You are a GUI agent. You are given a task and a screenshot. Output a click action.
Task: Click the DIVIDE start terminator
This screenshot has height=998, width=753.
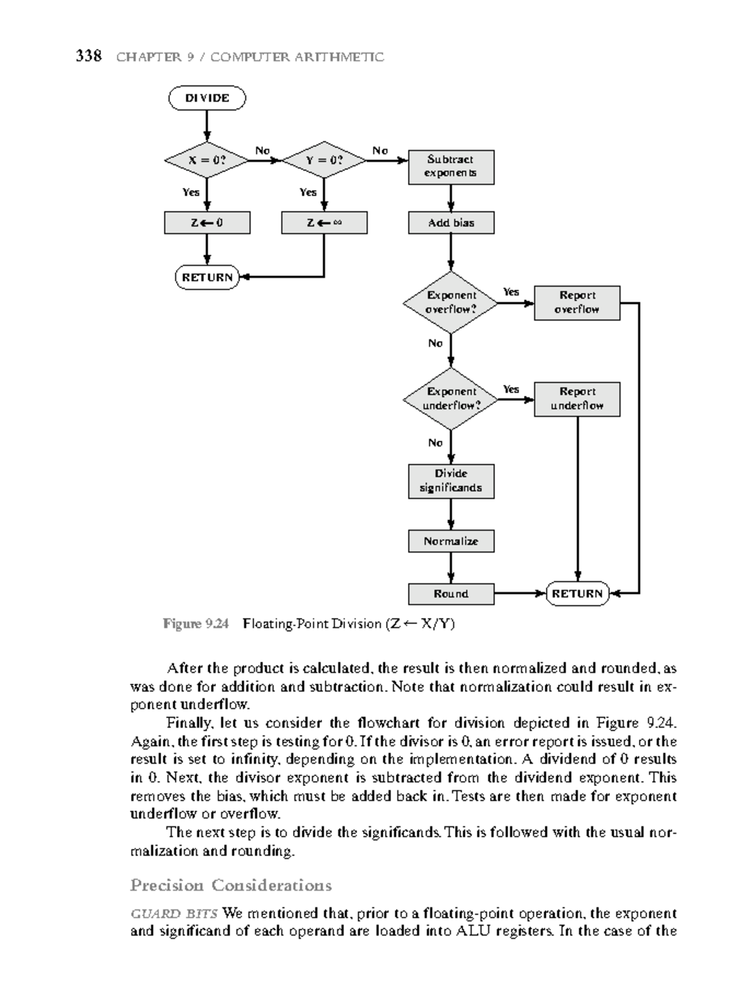pos(207,98)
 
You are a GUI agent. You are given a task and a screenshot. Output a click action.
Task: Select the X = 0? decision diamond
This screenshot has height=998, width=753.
pos(207,160)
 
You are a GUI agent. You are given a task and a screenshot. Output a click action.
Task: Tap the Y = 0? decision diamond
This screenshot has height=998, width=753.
pos(324,160)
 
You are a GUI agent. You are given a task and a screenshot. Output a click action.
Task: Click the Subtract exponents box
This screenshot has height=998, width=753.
pos(451,167)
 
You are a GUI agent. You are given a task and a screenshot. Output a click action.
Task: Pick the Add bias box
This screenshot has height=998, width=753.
pos(451,223)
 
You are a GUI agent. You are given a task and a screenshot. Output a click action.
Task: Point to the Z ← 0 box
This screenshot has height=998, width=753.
pos(207,223)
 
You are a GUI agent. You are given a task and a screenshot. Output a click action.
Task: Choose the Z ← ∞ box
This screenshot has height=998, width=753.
pos(324,223)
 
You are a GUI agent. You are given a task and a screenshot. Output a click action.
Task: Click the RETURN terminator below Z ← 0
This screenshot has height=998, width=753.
pos(207,277)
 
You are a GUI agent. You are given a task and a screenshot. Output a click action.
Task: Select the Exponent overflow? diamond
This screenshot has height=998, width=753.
pos(451,303)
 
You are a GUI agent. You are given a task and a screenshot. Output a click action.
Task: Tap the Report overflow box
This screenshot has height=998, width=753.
pos(577,303)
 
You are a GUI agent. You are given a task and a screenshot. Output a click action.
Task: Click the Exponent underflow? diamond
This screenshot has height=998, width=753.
pos(451,399)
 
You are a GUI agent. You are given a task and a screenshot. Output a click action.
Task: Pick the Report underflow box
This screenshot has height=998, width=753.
pos(577,399)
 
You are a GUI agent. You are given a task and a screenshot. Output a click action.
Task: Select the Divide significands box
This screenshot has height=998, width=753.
pos(451,481)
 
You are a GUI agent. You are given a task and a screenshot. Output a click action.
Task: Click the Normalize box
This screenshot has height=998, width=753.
pos(451,541)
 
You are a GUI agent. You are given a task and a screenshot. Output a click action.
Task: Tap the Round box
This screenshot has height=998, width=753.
pos(451,594)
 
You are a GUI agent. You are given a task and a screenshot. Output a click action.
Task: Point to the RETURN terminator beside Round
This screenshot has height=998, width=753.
pos(577,593)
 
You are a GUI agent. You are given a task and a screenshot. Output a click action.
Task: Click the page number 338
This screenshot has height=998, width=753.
pos(88,56)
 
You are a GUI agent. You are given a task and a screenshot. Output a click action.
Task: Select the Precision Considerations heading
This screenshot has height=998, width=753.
pos(231,885)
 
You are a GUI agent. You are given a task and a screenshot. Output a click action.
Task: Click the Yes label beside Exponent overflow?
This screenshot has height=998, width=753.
pos(511,292)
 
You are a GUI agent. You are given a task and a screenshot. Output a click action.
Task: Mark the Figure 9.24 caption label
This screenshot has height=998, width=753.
pos(196,624)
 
